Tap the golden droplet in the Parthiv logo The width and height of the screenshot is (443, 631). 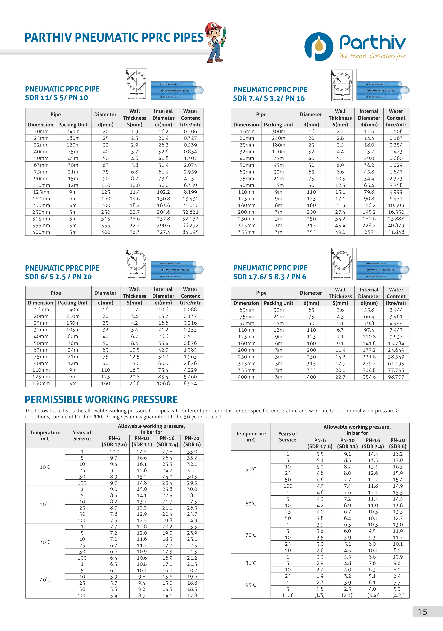click(x=319, y=45)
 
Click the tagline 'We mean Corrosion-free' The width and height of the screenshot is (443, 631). click(x=372, y=56)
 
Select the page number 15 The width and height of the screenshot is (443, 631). click(x=422, y=612)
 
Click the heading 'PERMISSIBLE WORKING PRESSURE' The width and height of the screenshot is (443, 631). click(x=101, y=399)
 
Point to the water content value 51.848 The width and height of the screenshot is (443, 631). click(x=396, y=232)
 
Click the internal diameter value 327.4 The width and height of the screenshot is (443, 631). click(x=163, y=232)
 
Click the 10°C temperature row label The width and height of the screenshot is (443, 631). click(x=45, y=467)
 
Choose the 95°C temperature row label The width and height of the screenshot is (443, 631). click(x=251, y=585)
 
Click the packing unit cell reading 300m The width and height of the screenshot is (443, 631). click(x=278, y=132)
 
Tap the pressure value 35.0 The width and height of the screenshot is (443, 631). click(x=192, y=452)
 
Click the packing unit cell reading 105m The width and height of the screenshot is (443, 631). click(x=73, y=330)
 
